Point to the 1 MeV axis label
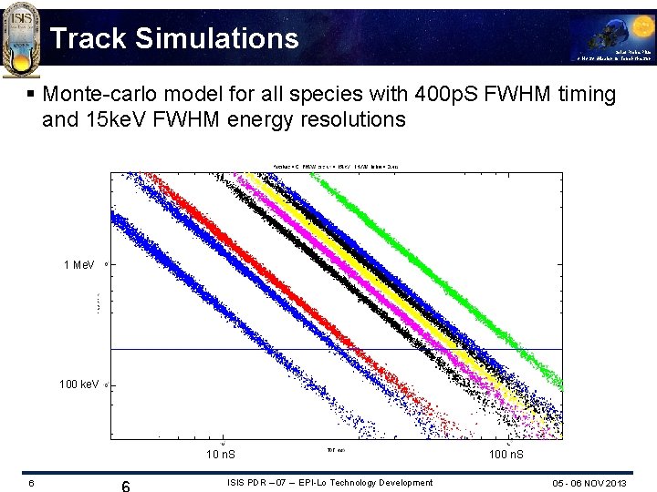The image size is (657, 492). [79, 265]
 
